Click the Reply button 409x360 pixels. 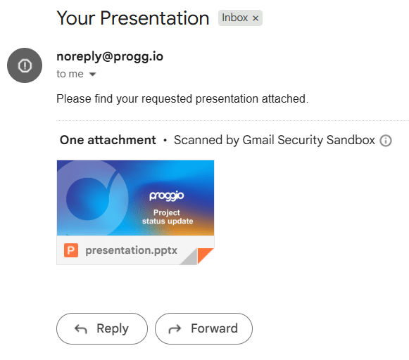click(x=102, y=328)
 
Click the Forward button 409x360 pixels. click(x=203, y=328)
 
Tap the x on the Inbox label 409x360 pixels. click(x=256, y=18)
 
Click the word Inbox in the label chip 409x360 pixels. click(x=234, y=18)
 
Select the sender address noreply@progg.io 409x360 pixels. click(x=110, y=56)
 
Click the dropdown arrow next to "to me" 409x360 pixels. click(x=93, y=75)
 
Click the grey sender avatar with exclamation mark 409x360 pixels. click(x=25, y=65)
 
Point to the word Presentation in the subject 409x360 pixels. click(x=155, y=18)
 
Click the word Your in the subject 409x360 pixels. click(x=76, y=18)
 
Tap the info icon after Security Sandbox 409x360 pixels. click(x=386, y=141)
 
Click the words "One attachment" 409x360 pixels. click(x=108, y=140)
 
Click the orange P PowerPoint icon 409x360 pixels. click(x=71, y=250)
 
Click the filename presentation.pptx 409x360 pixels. click(x=131, y=250)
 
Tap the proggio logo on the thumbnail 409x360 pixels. click(x=167, y=196)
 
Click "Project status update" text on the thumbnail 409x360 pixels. click(x=168, y=217)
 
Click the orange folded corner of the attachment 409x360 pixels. click(x=204, y=255)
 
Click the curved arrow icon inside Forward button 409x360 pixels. click(x=175, y=329)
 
